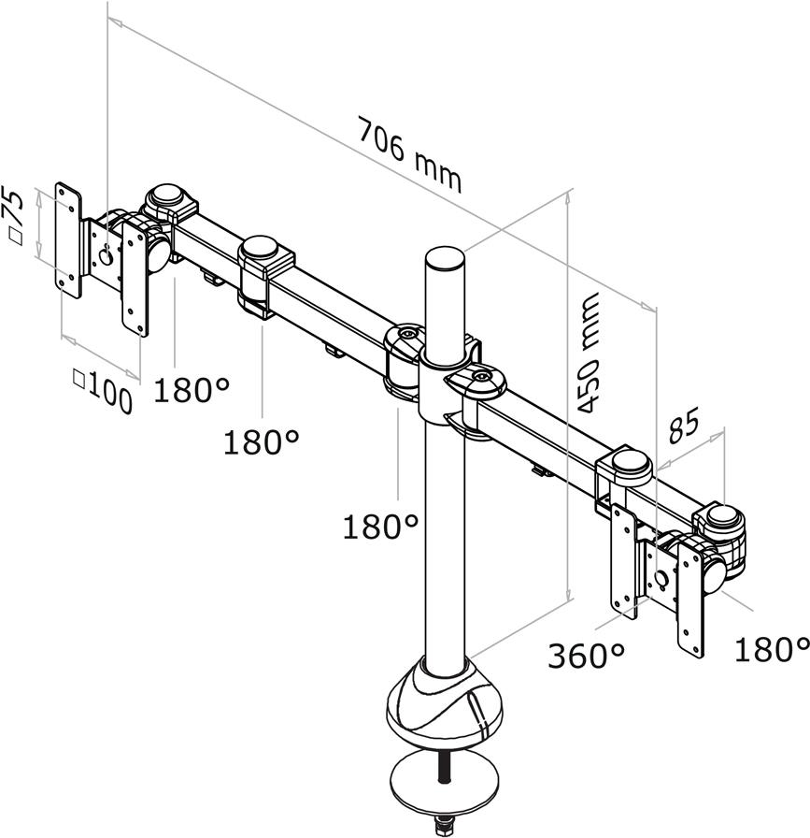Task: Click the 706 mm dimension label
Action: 409,155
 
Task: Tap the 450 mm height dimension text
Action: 589,354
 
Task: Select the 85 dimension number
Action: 684,426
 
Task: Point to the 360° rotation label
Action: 586,656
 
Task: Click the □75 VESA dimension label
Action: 13,215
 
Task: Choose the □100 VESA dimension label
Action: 103,391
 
